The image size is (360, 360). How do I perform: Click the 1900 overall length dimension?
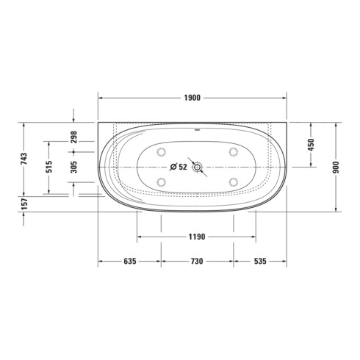click(x=192, y=98)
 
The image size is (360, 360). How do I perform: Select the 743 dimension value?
click(x=24, y=159)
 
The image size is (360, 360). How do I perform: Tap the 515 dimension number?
click(x=49, y=167)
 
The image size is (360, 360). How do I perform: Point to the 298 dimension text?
click(x=73, y=137)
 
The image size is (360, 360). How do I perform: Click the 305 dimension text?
click(x=73, y=167)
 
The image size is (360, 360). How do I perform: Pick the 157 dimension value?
click(x=24, y=204)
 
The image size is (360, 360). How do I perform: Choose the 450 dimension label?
click(x=311, y=145)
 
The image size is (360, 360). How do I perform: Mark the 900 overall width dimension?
click(x=336, y=168)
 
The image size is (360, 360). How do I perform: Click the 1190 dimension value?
click(x=197, y=237)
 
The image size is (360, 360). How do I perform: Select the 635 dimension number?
click(x=130, y=262)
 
